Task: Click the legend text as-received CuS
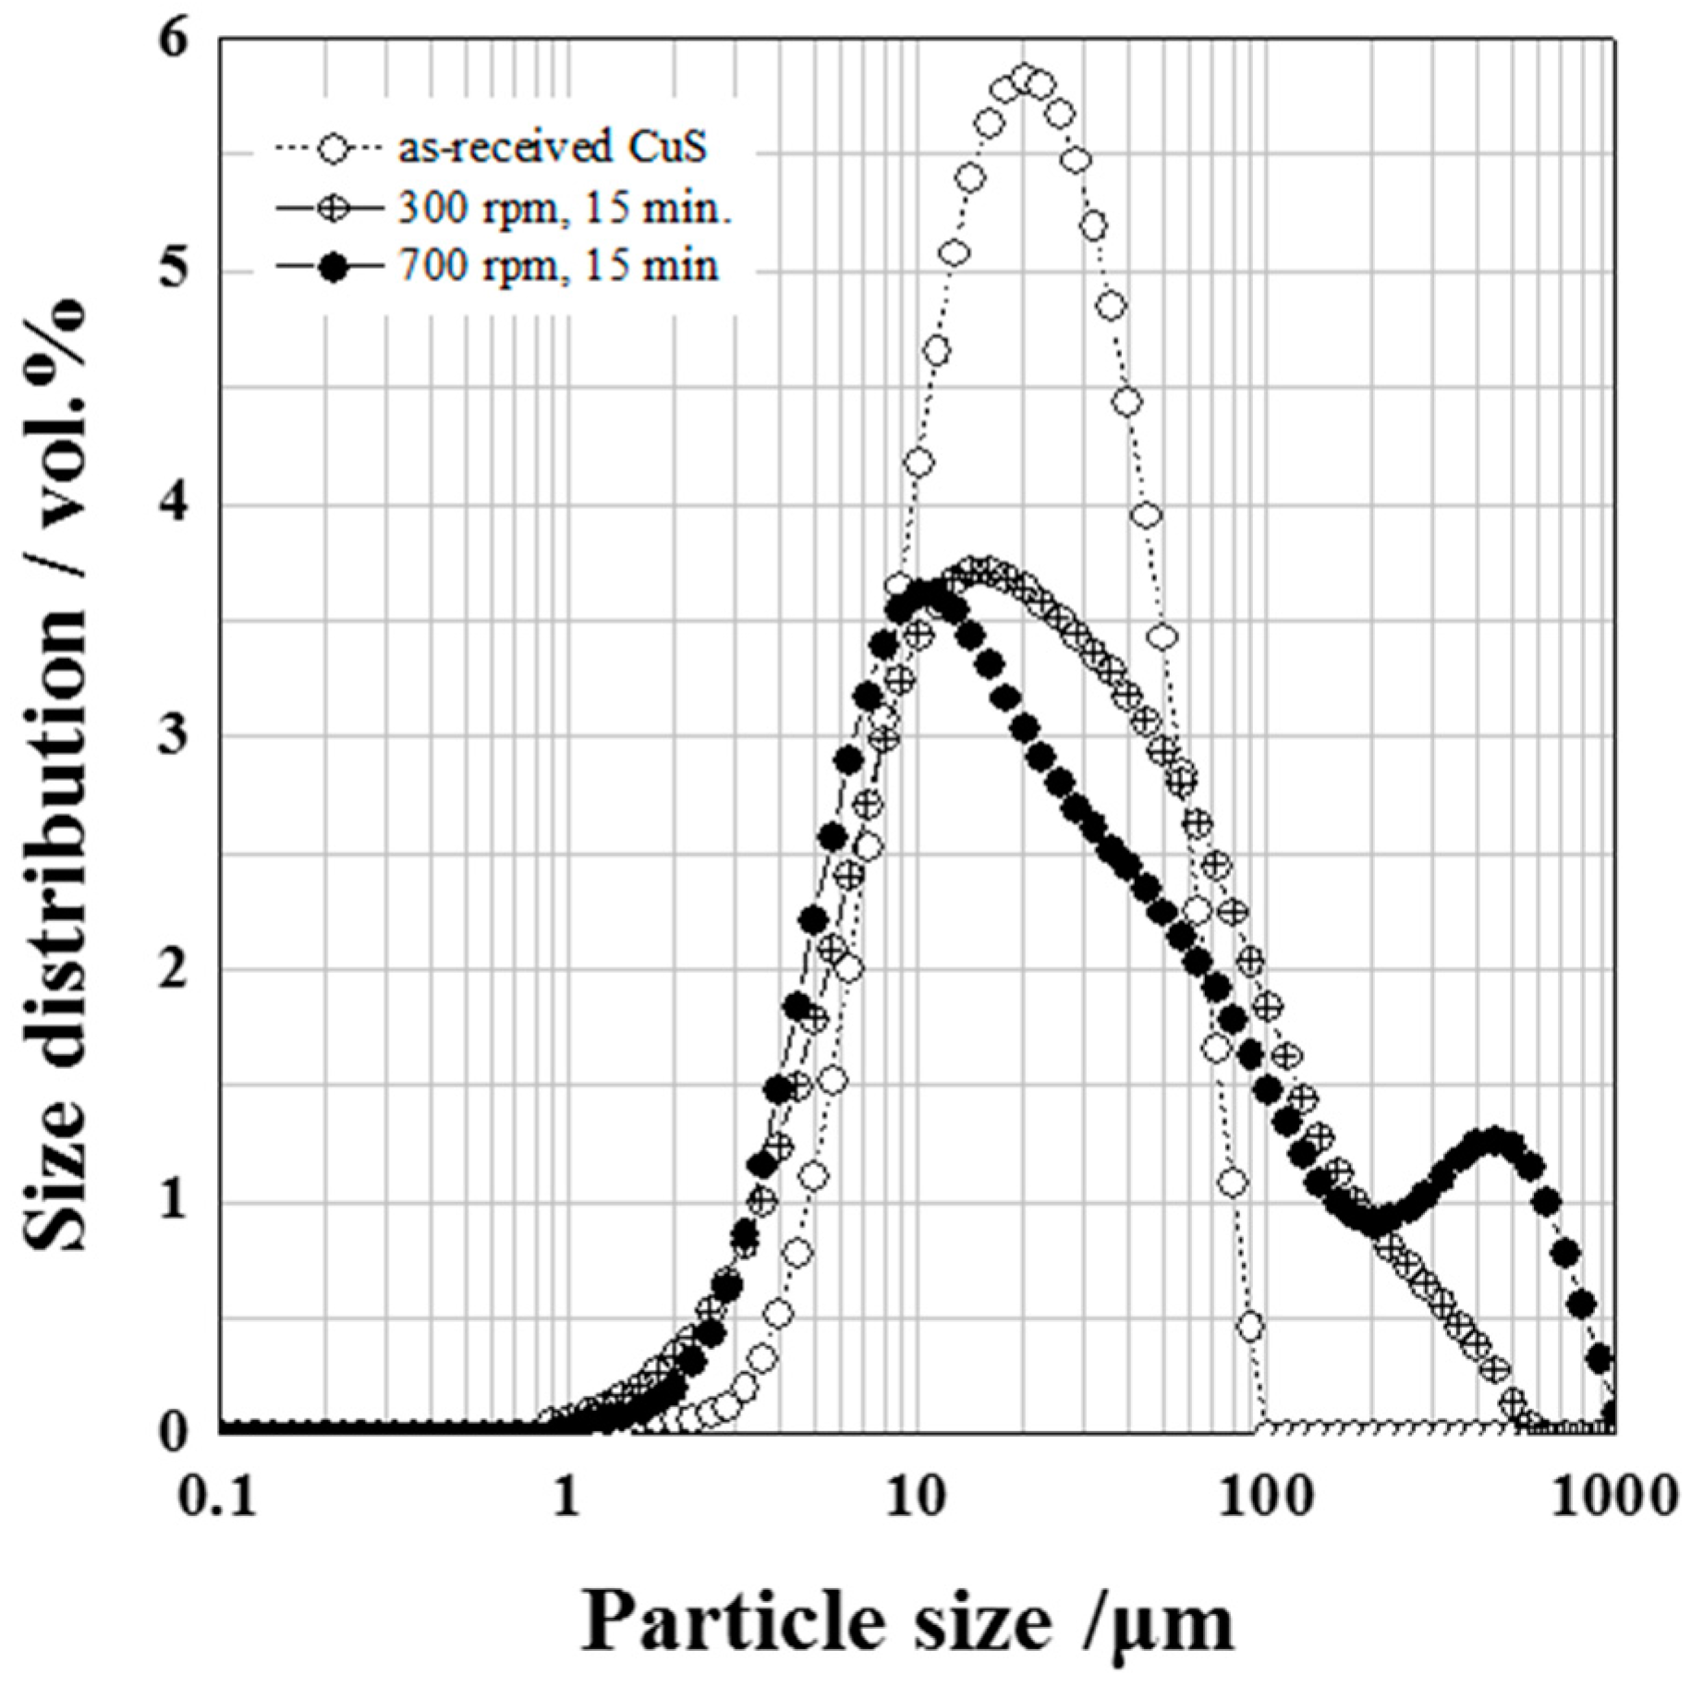click(553, 148)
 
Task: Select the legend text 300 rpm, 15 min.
click(566, 208)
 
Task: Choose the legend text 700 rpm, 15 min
click(558, 267)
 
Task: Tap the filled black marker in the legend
click(330, 268)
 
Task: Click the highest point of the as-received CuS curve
click(1023, 78)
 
